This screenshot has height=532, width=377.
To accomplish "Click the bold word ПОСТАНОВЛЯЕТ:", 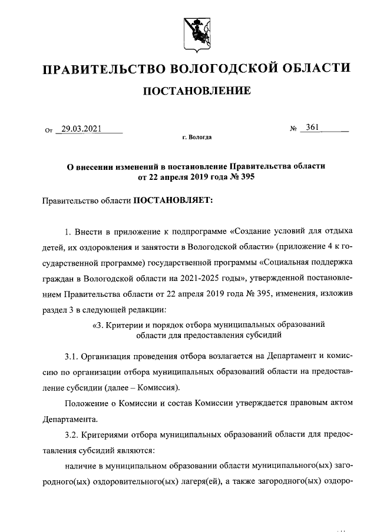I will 168,200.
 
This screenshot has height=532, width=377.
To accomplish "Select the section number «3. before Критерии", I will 97,324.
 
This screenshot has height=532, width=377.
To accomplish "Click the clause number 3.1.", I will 71,357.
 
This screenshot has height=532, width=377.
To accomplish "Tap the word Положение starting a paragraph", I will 84,404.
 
